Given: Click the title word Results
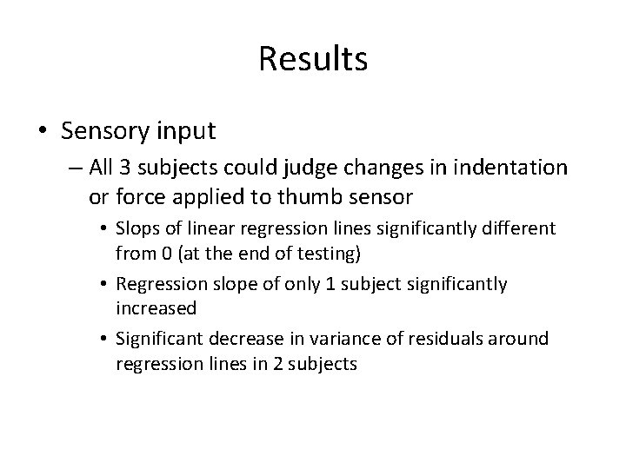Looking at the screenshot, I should (x=313, y=60).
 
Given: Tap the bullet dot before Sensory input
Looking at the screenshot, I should (x=43, y=131).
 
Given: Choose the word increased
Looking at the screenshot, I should (x=156, y=308).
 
